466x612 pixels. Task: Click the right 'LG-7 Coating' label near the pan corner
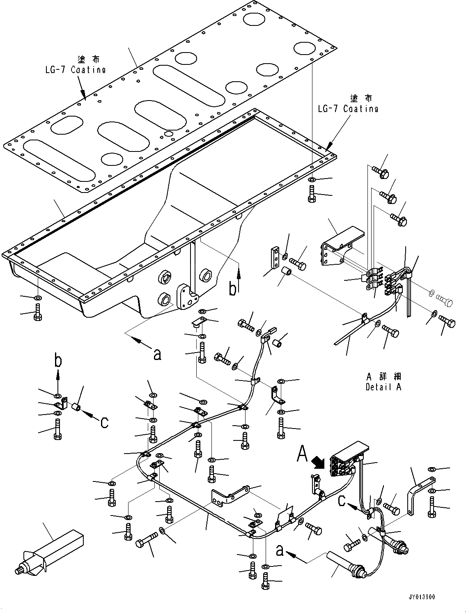[x=348, y=108]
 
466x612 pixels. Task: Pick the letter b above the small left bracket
[x=58, y=361]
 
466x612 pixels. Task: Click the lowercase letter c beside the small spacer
[x=104, y=422]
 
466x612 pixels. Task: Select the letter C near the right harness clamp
[x=342, y=501]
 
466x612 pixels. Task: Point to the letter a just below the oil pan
[x=156, y=354]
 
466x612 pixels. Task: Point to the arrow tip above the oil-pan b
[x=239, y=266]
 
